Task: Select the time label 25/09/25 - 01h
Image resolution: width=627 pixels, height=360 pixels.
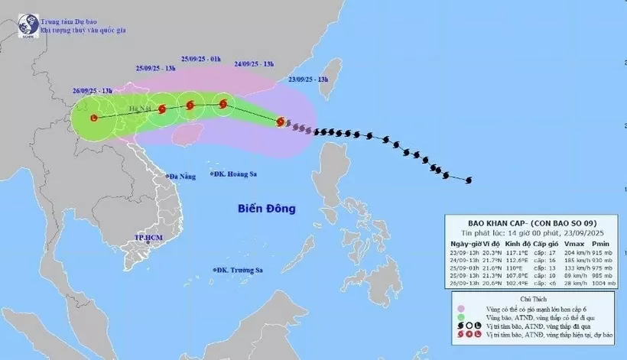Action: coord(201,58)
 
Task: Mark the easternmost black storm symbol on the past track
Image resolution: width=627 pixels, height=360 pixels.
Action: coord(468,180)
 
